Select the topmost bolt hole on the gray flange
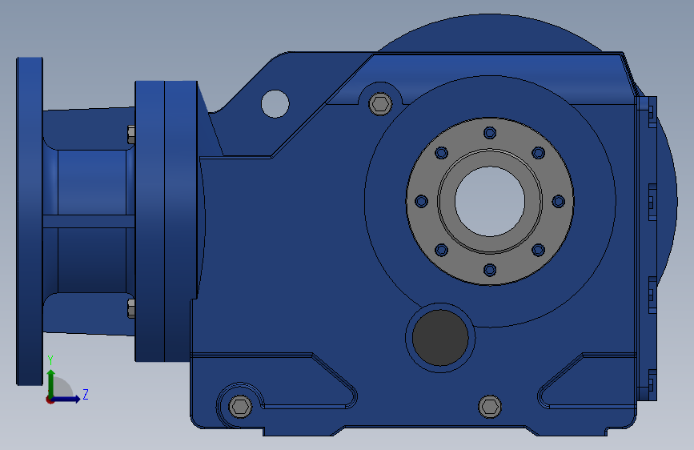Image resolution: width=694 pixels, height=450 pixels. point(490,132)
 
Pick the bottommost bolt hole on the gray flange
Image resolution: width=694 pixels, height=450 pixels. point(490,270)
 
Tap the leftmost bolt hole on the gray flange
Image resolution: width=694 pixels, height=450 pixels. point(421,201)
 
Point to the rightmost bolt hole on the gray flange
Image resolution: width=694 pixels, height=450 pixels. point(559,201)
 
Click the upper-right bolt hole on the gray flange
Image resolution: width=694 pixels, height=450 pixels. point(539,152)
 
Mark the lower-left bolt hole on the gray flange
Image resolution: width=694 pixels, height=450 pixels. point(441,250)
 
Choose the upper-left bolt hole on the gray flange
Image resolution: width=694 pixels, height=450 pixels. point(441,152)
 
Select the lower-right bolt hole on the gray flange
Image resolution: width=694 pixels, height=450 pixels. point(539,250)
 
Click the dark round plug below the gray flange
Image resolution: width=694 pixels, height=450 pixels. point(439,337)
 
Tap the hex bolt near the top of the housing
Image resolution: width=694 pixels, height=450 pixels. point(380,103)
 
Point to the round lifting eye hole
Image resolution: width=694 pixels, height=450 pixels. point(275,103)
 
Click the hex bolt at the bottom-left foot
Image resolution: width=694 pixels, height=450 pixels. point(240,406)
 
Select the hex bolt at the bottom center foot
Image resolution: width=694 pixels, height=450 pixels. point(490,406)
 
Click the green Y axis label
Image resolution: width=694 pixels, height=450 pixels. point(50,360)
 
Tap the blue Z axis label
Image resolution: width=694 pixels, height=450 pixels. point(86,395)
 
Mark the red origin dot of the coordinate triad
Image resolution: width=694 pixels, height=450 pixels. point(50,399)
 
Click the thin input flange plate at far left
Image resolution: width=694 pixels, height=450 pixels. point(30,220)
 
